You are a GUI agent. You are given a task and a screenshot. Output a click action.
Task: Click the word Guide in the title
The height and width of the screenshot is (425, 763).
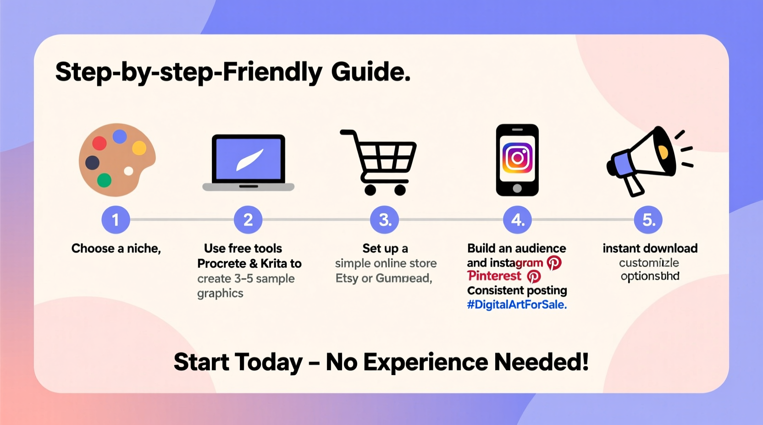click(x=370, y=72)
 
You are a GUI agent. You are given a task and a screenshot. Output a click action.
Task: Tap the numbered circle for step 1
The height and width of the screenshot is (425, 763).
click(x=116, y=220)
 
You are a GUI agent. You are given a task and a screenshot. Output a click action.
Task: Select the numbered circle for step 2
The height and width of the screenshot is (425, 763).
click(x=248, y=220)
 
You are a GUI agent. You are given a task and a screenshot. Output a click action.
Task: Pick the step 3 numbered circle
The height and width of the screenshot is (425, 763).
click(x=385, y=220)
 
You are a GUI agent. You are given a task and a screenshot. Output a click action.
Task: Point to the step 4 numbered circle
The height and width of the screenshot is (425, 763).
click(x=517, y=220)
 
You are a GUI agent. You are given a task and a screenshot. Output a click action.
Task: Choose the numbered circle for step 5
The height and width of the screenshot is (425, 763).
click(x=648, y=220)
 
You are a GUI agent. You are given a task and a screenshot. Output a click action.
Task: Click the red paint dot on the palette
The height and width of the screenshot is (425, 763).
click(x=99, y=143)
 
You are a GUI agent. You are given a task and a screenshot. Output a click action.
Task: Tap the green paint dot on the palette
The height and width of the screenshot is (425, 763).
click(x=104, y=180)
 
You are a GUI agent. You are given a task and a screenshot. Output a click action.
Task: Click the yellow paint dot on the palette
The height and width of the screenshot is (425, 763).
click(x=139, y=148)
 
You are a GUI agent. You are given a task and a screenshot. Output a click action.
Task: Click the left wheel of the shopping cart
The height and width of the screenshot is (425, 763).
click(x=370, y=189)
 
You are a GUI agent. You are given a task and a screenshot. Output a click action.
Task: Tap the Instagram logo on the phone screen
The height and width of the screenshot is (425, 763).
click(x=517, y=158)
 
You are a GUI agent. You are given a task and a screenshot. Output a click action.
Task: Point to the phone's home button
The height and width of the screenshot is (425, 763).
click(x=517, y=188)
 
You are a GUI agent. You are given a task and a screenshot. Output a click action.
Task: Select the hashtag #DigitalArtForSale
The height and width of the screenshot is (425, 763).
click(x=517, y=305)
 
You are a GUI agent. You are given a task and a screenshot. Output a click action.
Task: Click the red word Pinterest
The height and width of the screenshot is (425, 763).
click(x=494, y=276)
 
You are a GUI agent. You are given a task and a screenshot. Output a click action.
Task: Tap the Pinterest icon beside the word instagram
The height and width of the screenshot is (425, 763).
click(x=554, y=263)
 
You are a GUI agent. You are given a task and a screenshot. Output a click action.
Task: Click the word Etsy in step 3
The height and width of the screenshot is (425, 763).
click(x=346, y=278)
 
